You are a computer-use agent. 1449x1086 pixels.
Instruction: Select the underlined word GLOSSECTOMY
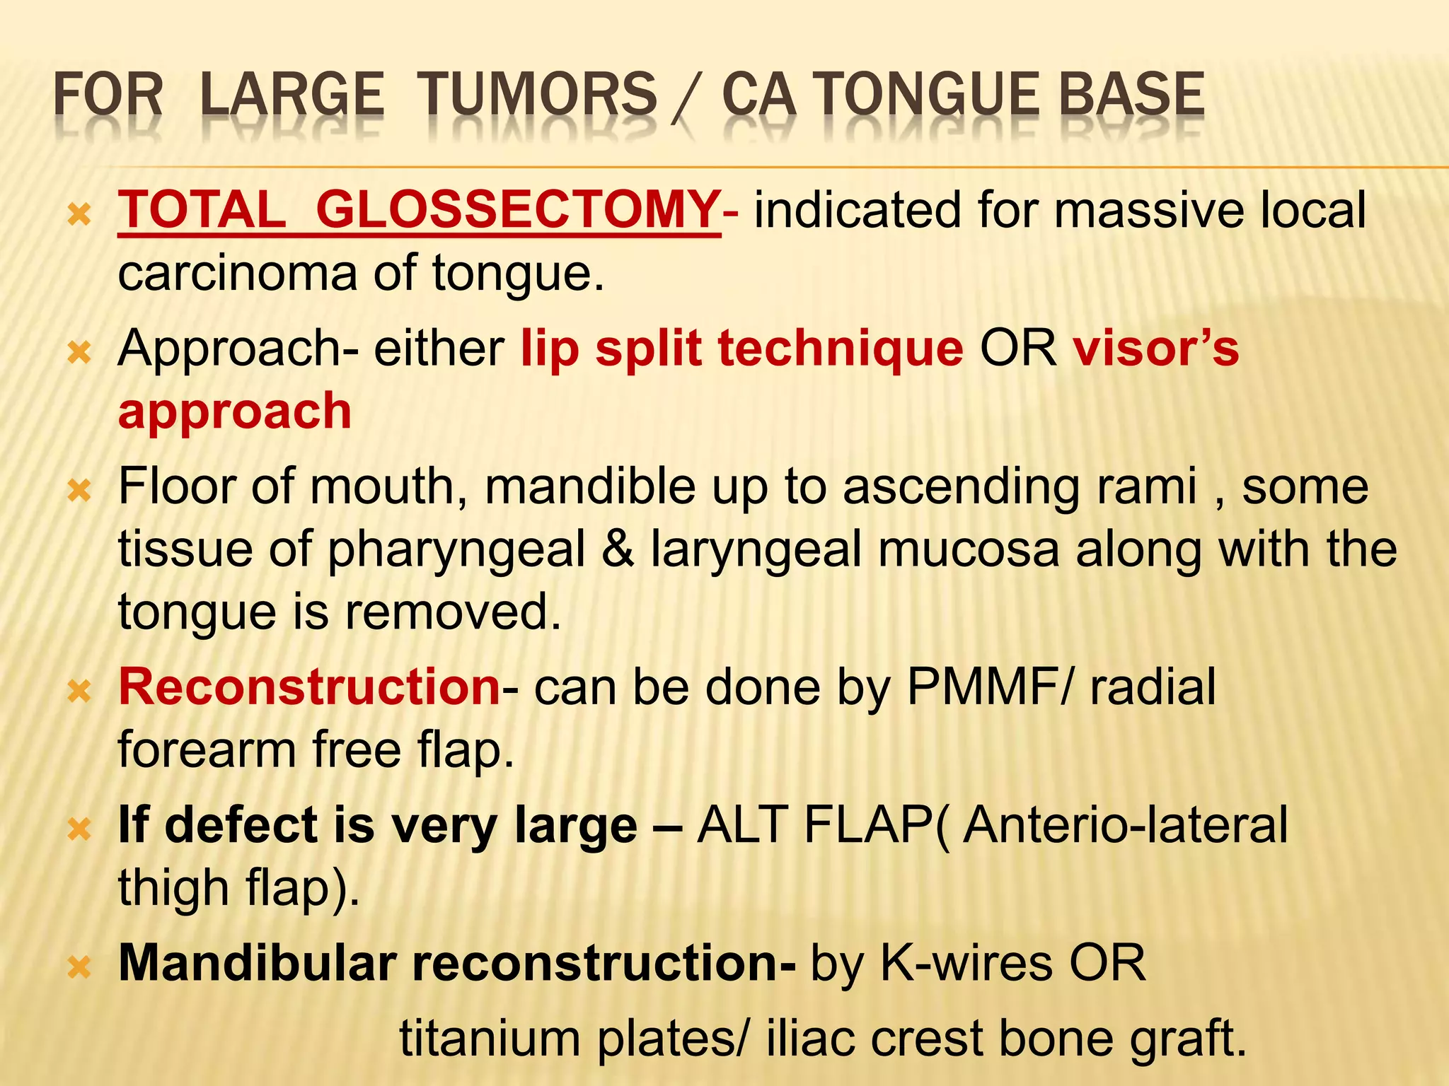[517, 210]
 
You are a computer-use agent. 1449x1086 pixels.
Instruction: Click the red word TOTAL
[202, 210]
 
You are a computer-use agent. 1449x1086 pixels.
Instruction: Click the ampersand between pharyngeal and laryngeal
[617, 549]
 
